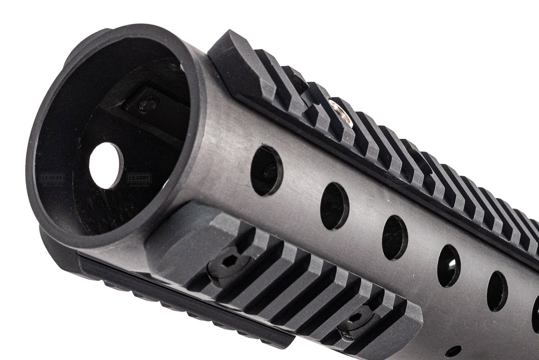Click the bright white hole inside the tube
pos(106,165)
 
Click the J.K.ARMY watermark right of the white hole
pos(138,178)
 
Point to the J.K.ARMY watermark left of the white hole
pos(52,177)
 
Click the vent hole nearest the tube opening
pos(267,170)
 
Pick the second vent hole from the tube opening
pos(335,206)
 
